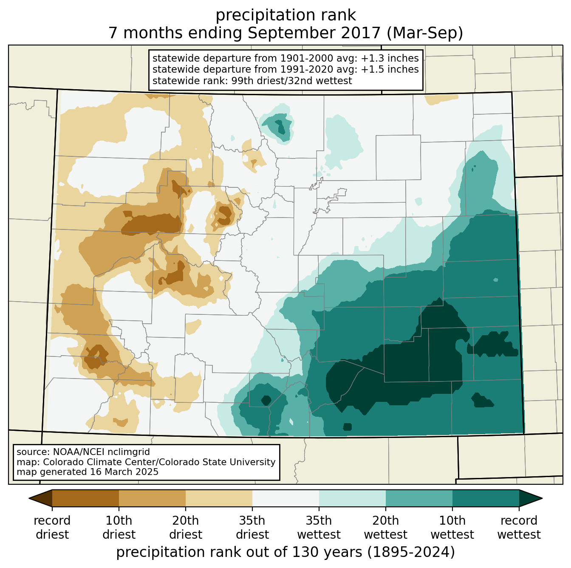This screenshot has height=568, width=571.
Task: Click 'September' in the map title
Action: (x=314, y=33)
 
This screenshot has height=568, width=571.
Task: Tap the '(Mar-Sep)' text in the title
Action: (x=424, y=33)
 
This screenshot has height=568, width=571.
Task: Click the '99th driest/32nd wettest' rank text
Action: (x=291, y=81)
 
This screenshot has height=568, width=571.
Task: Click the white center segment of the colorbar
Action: (x=285, y=498)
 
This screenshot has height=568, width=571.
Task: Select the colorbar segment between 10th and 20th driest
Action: (x=152, y=498)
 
